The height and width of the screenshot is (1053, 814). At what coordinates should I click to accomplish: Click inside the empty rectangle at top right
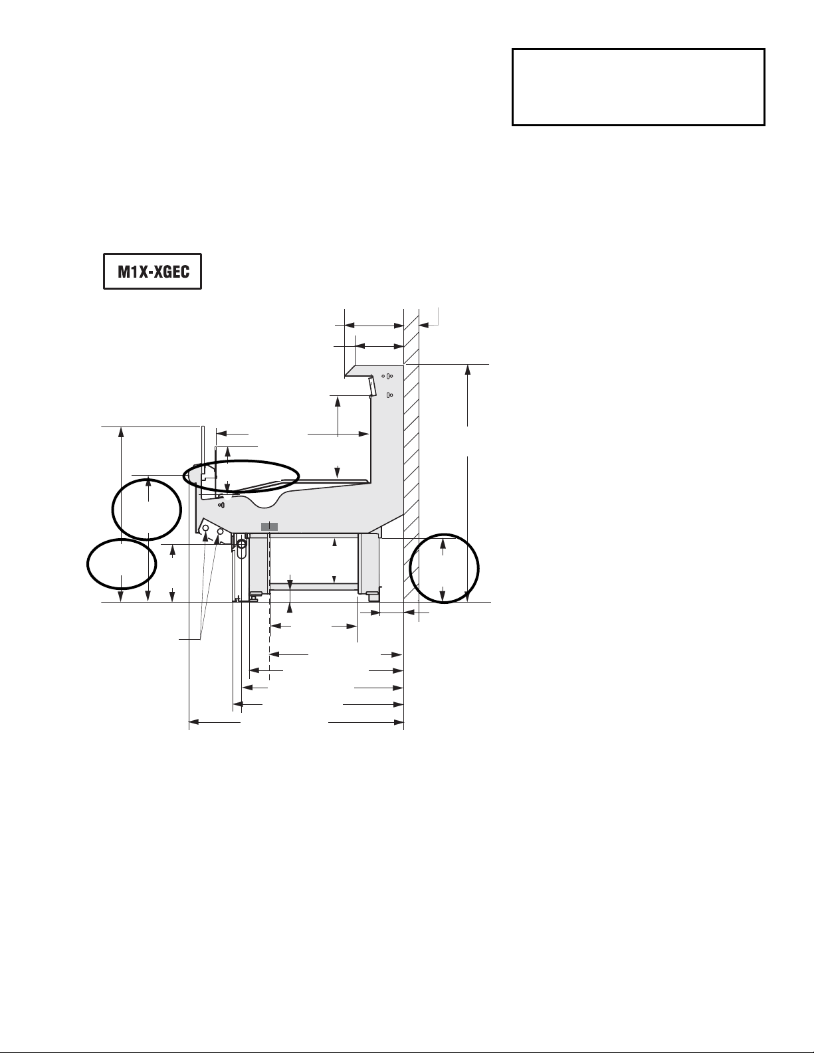click(638, 87)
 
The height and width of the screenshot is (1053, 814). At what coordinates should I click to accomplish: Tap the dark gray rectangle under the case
click(269, 527)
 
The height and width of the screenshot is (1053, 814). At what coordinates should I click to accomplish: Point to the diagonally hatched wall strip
click(411, 456)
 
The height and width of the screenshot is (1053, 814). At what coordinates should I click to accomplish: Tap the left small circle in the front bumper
click(206, 527)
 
